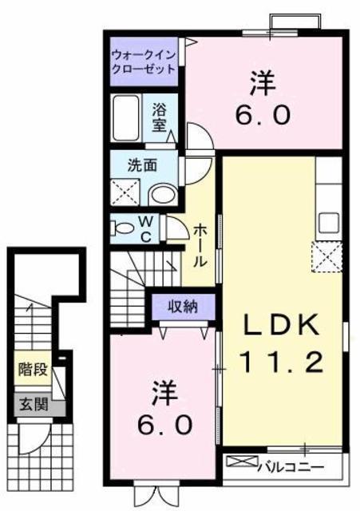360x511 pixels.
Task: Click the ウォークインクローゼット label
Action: [144, 61]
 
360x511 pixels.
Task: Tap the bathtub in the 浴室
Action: [126, 117]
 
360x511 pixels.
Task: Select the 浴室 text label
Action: [160, 117]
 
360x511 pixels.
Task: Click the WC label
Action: [147, 230]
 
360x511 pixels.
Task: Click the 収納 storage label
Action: [183, 307]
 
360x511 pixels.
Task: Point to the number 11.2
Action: [282, 362]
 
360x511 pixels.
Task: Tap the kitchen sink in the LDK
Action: [329, 224]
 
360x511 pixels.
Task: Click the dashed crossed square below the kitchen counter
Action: [326, 256]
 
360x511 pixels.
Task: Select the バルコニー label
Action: [291, 467]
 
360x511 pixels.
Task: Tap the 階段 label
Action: [34, 370]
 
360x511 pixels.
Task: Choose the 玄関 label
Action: [34, 405]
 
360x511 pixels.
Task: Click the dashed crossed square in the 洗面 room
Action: [125, 192]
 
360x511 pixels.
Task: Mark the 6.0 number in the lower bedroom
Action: [164, 425]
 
